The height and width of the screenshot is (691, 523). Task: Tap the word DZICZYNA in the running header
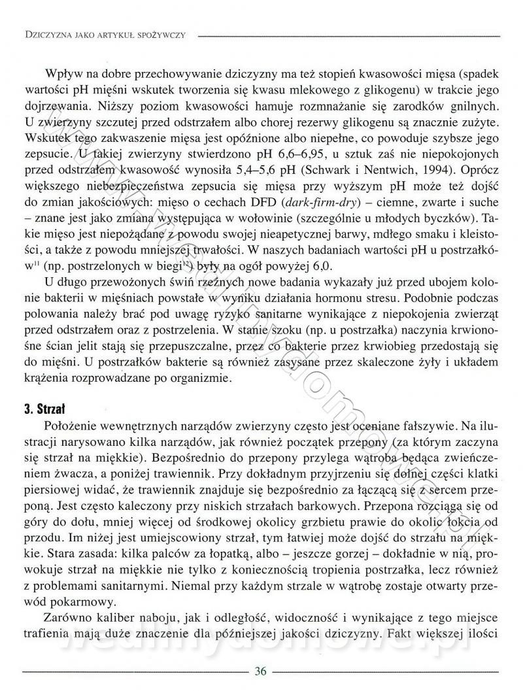[48, 34]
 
